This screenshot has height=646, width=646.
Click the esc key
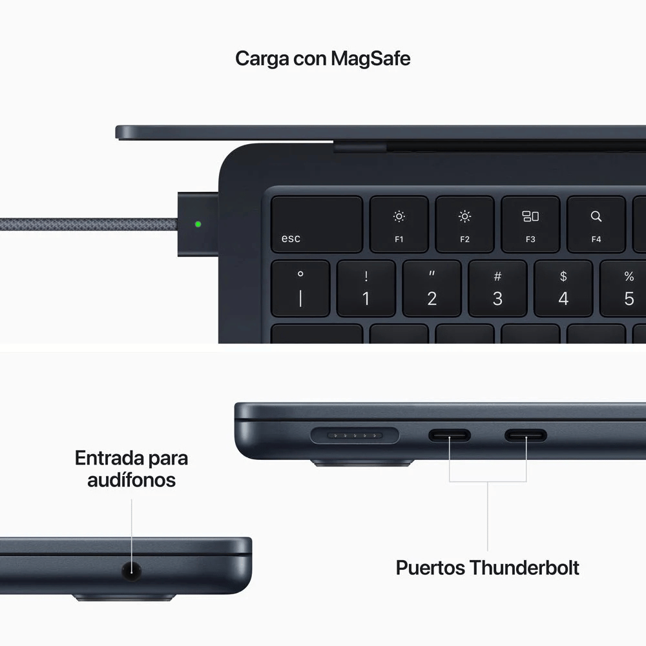pos(317,224)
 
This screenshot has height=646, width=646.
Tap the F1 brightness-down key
pos(399,224)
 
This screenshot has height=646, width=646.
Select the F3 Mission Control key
pos(530,224)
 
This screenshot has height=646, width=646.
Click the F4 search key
pos(596,224)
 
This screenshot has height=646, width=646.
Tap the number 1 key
pos(366,288)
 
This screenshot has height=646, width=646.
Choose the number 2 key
pos(432,288)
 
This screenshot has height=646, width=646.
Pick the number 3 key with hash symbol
pos(497,288)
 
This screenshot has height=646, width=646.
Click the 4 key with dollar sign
pos(563,288)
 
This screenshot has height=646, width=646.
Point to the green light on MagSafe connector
pos(198,224)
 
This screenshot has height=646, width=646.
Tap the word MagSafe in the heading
pos(370,59)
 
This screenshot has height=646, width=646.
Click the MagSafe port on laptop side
pos(355,435)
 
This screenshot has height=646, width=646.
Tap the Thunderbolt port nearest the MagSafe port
pos(450,435)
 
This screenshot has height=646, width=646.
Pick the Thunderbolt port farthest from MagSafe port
pos(526,435)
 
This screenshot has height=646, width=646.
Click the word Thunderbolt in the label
pos(524,568)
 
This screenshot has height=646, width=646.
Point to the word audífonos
pos(132,480)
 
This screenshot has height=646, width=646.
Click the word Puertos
pos(430,568)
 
